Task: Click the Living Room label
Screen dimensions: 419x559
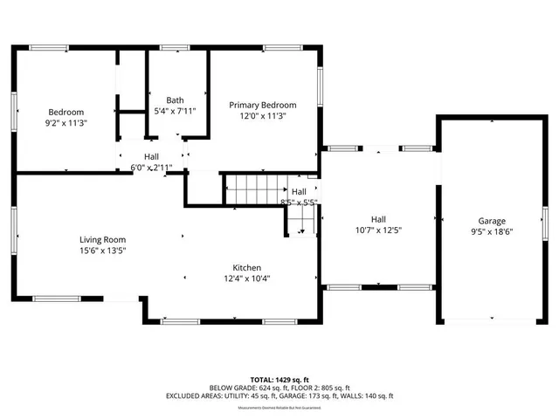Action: point(103,239)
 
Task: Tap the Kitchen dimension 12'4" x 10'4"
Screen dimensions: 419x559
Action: point(246,278)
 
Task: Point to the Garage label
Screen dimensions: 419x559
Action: point(492,221)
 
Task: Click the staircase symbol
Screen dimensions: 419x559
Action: point(257,189)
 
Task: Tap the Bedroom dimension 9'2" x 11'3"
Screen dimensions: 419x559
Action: point(66,123)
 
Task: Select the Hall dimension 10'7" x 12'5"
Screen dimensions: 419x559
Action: point(378,230)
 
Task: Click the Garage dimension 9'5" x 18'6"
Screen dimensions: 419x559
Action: point(492,232)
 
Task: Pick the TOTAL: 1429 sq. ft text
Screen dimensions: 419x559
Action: point(279,380)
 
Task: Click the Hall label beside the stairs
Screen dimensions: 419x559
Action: point(299,191)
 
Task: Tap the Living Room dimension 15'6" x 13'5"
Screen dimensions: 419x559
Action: point(103,251)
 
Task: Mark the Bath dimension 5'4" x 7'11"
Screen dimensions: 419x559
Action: point(175,111)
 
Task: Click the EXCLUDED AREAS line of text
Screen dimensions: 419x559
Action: point(279,395)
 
